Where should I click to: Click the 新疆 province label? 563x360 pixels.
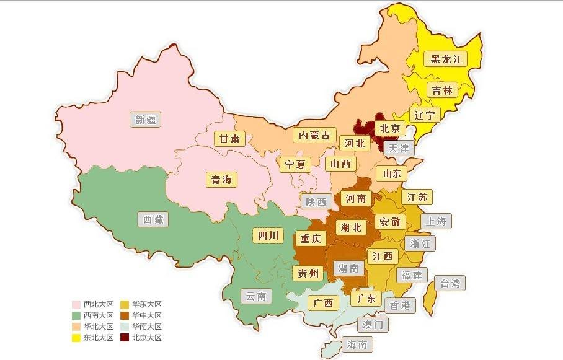(x=146, y=120)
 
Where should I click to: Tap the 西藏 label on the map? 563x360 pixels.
(x=153, y=219)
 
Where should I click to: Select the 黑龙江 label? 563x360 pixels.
(x=445, y=59)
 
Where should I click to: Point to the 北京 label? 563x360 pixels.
(x=390, y=128)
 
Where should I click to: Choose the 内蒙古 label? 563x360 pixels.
(x=314, y=135)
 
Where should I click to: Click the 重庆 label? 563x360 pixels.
(x=310, y=239)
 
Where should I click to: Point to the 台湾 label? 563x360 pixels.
(x=450, y=284)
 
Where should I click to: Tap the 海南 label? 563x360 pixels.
(x=357, y=345)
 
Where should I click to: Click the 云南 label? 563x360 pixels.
(x=255, y=296)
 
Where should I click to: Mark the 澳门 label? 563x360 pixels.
(x=373, y=324)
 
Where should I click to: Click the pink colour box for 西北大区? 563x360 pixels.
(x=76, y=304)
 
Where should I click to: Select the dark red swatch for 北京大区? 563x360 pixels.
(x=124, y=338)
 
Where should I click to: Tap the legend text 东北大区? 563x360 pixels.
(x=99, y=338)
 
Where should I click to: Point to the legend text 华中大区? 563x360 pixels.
(x=147, y=315)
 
